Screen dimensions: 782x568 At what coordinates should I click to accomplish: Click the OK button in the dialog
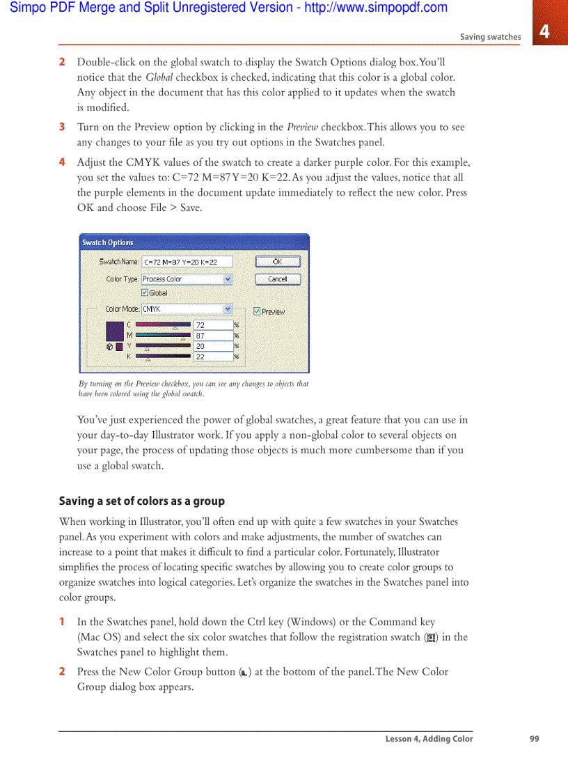click(277, 262)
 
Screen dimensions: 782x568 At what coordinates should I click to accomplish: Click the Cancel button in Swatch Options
click(277, 279)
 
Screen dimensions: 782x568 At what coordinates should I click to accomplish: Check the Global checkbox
click(145, 293)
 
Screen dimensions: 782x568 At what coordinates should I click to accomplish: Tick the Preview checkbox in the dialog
click(257, 311)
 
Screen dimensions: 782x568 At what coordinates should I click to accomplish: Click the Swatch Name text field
click(187, 262)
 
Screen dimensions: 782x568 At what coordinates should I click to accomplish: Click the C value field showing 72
click(213, 325)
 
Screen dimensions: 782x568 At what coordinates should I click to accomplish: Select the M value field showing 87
click(213, 336)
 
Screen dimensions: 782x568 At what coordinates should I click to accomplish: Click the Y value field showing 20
click(213, 346)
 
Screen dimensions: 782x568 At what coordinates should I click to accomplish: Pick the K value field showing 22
click(213, 357)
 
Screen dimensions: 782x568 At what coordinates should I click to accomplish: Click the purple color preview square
click(114, 330)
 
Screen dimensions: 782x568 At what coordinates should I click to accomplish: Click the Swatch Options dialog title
click(108, 242)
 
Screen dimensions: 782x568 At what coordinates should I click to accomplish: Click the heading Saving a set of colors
click(141, 501)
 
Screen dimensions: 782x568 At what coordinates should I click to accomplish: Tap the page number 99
click(534, 739)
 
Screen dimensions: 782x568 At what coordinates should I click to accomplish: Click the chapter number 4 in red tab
click(544, 31)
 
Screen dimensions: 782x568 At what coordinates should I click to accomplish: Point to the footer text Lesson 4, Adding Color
click(429, 739)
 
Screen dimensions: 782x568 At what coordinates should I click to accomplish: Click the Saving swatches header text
click(490, 37)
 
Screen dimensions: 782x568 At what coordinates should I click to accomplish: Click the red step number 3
click(62, 127)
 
